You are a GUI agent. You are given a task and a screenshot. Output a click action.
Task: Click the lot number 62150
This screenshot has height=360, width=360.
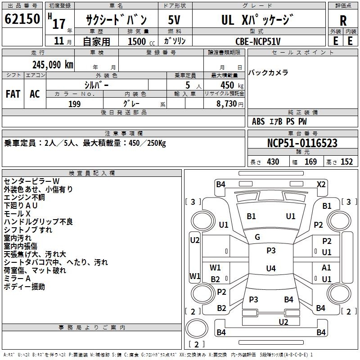[x=22, y=19]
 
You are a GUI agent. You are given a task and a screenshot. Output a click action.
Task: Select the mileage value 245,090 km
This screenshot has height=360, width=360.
[x=53, y=65]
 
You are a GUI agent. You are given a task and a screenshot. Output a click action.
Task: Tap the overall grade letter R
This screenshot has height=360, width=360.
[x=343, y=21]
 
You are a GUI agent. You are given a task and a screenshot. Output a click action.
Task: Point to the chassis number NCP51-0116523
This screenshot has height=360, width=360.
[x=302, y=143]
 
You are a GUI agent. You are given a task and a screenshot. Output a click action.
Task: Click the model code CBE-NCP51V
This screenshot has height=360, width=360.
[x=258, y=41]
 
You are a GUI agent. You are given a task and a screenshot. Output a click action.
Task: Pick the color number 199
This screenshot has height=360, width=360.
[x=75, y=104]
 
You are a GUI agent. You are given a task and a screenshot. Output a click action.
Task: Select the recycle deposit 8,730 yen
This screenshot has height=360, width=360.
[x=230, y=104]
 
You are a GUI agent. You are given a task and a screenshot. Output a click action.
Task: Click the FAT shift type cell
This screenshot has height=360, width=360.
[x=13, y=94]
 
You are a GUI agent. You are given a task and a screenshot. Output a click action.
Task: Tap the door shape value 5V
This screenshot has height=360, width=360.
[x=174, y=20]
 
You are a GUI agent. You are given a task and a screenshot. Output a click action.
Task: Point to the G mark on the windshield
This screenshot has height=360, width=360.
[x=257, y=237]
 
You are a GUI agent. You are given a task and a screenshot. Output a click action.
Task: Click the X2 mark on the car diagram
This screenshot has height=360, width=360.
[x=321, y=184]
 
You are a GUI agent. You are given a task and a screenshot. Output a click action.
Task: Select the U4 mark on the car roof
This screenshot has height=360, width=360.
[x=271, y=268]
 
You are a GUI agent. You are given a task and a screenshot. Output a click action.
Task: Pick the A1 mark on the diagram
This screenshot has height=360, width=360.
[x=326, y=267]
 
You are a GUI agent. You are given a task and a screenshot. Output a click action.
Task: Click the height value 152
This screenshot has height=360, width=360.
[x=346, y=162]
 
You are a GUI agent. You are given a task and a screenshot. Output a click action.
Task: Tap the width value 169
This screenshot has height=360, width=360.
[x=310, y=162]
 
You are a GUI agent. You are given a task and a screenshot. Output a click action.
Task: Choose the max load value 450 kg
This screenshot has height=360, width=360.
[x=232, y=85]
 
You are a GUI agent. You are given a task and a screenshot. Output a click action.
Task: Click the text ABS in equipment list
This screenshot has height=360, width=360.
[x=258, y=121]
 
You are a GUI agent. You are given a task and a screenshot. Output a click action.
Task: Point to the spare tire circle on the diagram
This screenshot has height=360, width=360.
[x=197, y=328]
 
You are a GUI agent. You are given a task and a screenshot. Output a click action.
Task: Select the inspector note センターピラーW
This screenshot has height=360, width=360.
[x=31, y=181]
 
